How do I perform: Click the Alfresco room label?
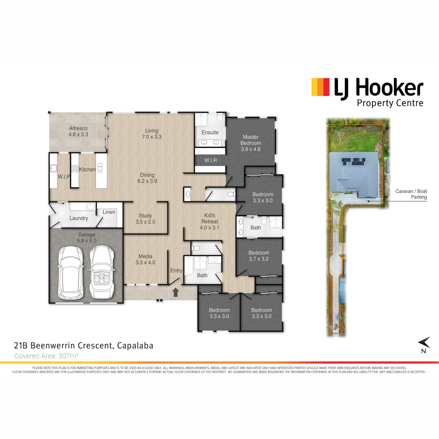point(78,131)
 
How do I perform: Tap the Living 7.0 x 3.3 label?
point(152,134)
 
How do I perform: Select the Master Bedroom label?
point(251,143)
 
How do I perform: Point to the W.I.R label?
point(210,160)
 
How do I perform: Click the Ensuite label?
point(210,132)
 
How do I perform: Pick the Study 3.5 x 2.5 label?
point(145,219)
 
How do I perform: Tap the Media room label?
point(145,259)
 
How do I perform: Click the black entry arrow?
point(175,292)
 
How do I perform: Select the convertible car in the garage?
point(102,272)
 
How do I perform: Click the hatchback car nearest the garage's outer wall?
point(71,273)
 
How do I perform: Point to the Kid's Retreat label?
point(210,221)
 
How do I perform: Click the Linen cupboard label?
point(109,212)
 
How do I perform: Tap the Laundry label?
point(79,218)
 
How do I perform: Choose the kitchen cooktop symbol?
point(75,169)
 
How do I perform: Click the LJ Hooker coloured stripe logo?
point(320,87)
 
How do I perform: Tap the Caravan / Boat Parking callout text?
point(411,194)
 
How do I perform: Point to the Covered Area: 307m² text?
point(46,356)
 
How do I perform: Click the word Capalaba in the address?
point(135,346)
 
